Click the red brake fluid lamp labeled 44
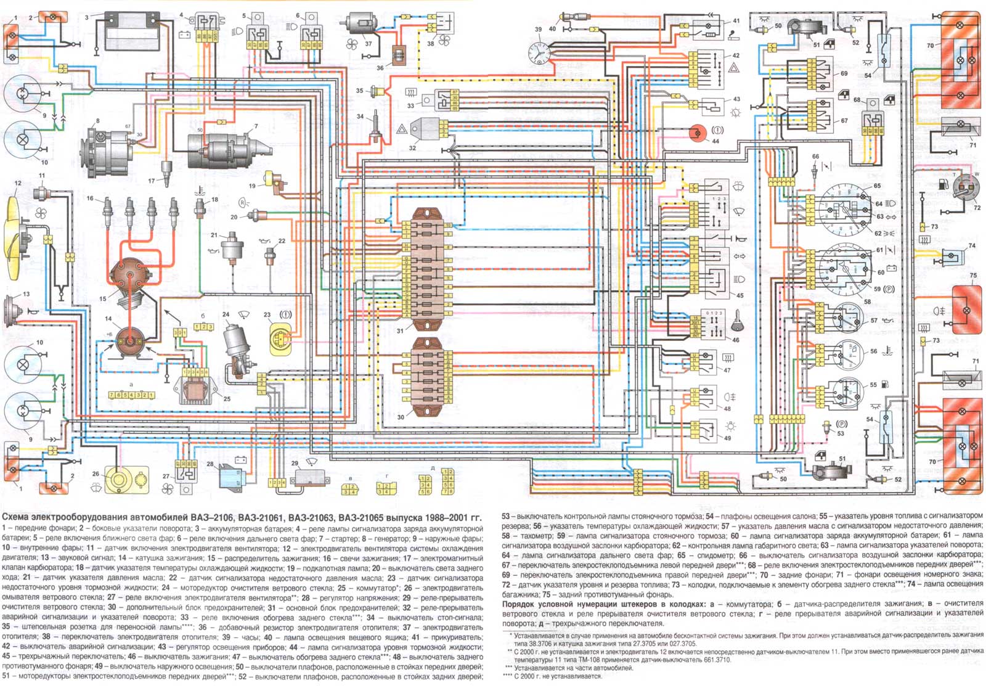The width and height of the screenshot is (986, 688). click(x=698, y=133)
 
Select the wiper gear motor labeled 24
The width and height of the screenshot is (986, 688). click(x=237, y=345)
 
